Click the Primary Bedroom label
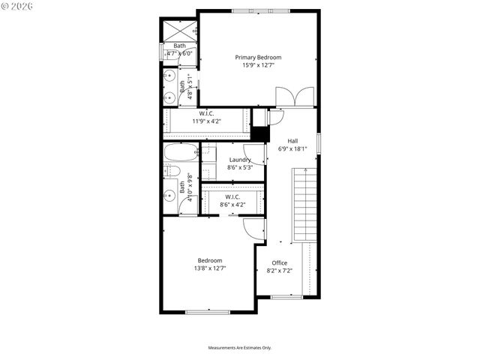[258, 58]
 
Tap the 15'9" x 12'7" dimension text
[258, 66]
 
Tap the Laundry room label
[240, 160]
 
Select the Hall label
[292, 140]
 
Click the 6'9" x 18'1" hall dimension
[292, 148]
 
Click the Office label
[279, 263]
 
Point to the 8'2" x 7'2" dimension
[279, 271]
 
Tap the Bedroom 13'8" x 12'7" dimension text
[210, 268]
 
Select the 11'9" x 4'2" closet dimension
[207, 121]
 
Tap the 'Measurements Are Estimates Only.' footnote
[240, 348]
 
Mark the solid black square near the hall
[259, 133]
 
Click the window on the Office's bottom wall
[286, 297]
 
